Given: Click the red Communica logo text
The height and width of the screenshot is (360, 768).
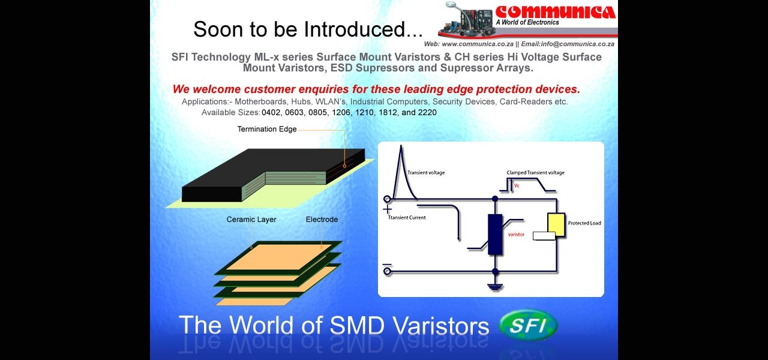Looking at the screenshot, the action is pyautogui.click(x=556, y=12).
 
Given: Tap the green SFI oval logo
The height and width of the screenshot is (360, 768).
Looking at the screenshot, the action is pyautogui.click(x=529, y=325).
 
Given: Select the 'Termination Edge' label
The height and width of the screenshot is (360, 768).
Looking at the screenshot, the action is pyautogui.click(x=267, y=129).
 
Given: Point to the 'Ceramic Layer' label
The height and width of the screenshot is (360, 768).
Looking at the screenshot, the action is pyautogui.click(x=251, y=220).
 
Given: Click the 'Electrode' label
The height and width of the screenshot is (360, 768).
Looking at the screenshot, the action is pyautogui.click(x=322, y=220).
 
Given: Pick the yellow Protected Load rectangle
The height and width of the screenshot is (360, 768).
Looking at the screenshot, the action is pyautogui.click(x=556, y=224).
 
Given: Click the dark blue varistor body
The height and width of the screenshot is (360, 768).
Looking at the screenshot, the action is pyautogui.click(x=495, y=235).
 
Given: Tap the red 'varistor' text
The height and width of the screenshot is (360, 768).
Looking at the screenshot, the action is pyautogui.click(x=516, y=235).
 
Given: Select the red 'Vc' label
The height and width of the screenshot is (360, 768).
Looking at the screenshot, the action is pyautogui.click(x=517, y=185).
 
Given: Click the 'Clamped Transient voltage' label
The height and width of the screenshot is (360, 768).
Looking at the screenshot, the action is pyautogui.click(x=535, y=172).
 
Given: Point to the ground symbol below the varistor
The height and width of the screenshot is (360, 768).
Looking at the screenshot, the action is pyautogui.click(x=495, y=287).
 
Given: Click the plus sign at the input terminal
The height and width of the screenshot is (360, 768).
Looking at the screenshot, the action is pyautogui.click(x=387, y=209).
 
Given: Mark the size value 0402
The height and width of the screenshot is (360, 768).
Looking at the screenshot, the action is pyautogui.click(x=271, y=112).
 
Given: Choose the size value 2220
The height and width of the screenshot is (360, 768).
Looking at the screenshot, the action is pyautogui.click(x=427, y=112).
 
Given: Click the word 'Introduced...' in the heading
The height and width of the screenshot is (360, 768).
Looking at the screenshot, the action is pyautogui.click(x=364, y=29).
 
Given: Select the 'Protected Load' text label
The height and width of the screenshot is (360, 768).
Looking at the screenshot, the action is pyautogui.click(x=584, y=223).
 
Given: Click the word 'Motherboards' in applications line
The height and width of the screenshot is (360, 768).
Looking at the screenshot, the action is pyautogui.click(x=260, y=102).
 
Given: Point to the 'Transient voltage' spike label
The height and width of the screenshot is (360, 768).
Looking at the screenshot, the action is pyautogui.click(x=426, y=172).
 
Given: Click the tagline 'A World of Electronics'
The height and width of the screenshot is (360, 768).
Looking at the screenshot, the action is pyautogui.click(x=527, y=22).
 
